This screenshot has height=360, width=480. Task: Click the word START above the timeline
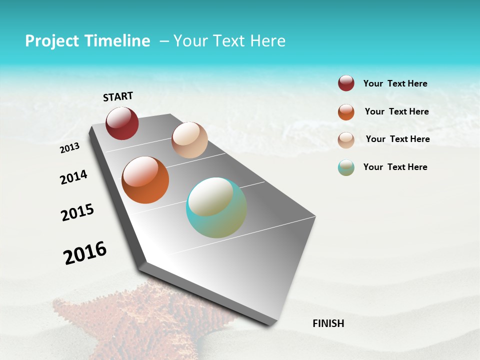(118, 96)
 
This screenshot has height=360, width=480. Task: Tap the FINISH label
(328, 323)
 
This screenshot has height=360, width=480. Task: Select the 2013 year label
(70, 148)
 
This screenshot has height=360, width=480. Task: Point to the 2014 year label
(73, 177)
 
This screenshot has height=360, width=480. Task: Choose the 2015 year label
(77, 212)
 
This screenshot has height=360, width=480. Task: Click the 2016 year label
(85, 252)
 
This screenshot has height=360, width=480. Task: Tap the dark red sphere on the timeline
(122, 123)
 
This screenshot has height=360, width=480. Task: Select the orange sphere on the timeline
(145, 180)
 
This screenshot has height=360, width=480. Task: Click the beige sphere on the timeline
(189, 140)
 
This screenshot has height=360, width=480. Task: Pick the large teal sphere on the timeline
(216, 207)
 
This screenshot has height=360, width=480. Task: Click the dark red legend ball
(346, 83)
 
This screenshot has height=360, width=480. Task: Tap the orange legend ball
(346, 112)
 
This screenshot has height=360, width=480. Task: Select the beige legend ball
(346, 140)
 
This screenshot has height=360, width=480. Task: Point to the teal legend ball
(346, 167)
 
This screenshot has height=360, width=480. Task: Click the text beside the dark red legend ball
(395, 83)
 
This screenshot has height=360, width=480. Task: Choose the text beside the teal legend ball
(395, 167)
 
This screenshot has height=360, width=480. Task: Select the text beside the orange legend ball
(396, 111)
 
